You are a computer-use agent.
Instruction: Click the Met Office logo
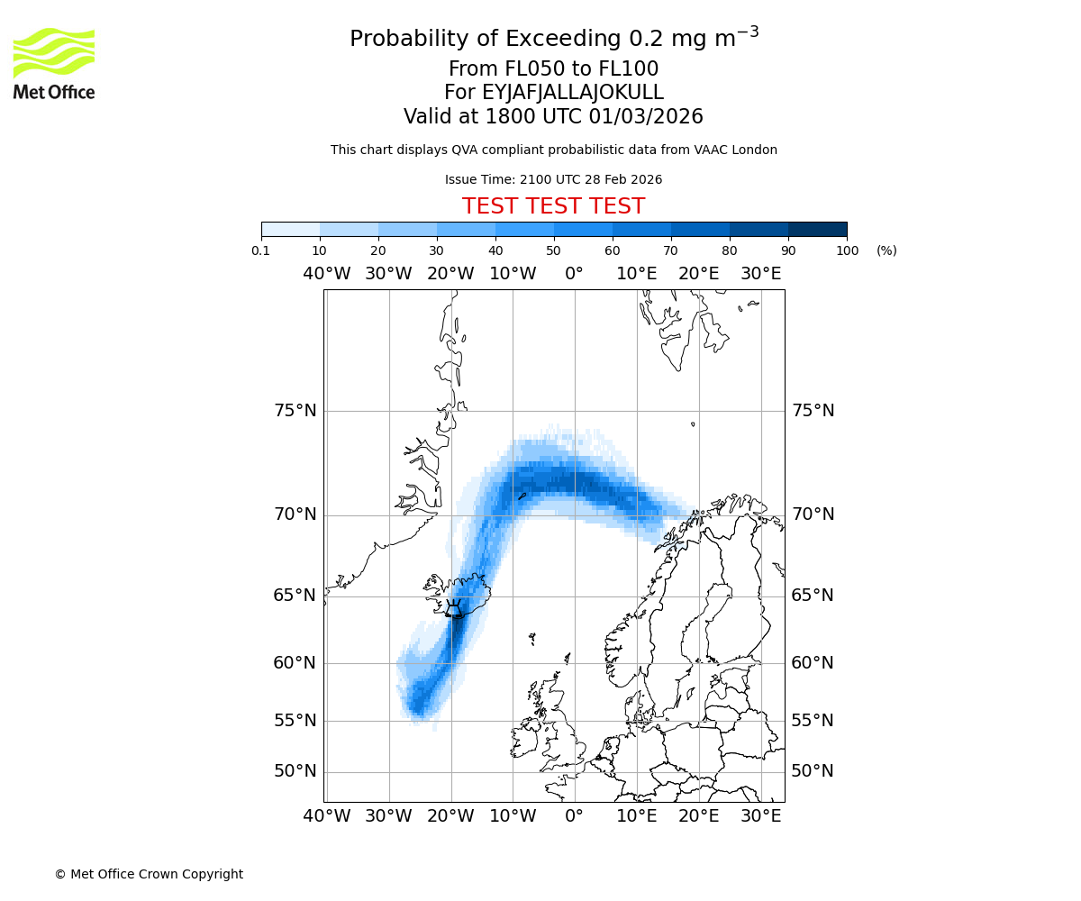tap(54, 63)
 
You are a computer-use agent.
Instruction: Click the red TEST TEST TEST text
tap(553, 207)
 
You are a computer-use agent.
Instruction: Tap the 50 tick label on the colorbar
tap(553, 250)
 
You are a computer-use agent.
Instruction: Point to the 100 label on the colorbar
tap(847, 250)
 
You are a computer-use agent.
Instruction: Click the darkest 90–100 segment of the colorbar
tap(817, 229)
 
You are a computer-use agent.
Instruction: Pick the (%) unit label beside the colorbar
tap(886, 250)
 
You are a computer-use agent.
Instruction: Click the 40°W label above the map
tap(326, 274)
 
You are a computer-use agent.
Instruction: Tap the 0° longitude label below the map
tap(574, 816)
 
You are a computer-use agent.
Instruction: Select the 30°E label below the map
tap(761, 816)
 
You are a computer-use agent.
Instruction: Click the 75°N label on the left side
tap(295, 411)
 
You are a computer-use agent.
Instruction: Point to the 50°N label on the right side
tap(813, 771)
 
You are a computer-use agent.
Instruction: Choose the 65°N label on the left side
tap(295, 596)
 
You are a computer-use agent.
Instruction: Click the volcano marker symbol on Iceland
tap(454, 609)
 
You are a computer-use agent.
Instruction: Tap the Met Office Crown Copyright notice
tap(149, 874)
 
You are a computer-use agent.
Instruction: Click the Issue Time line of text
tap(553, 180)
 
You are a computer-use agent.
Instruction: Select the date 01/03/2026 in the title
tap(646, 117)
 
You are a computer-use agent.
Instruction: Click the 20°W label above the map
tap(450, 274)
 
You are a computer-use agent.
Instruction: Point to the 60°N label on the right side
tap(813, 663)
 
